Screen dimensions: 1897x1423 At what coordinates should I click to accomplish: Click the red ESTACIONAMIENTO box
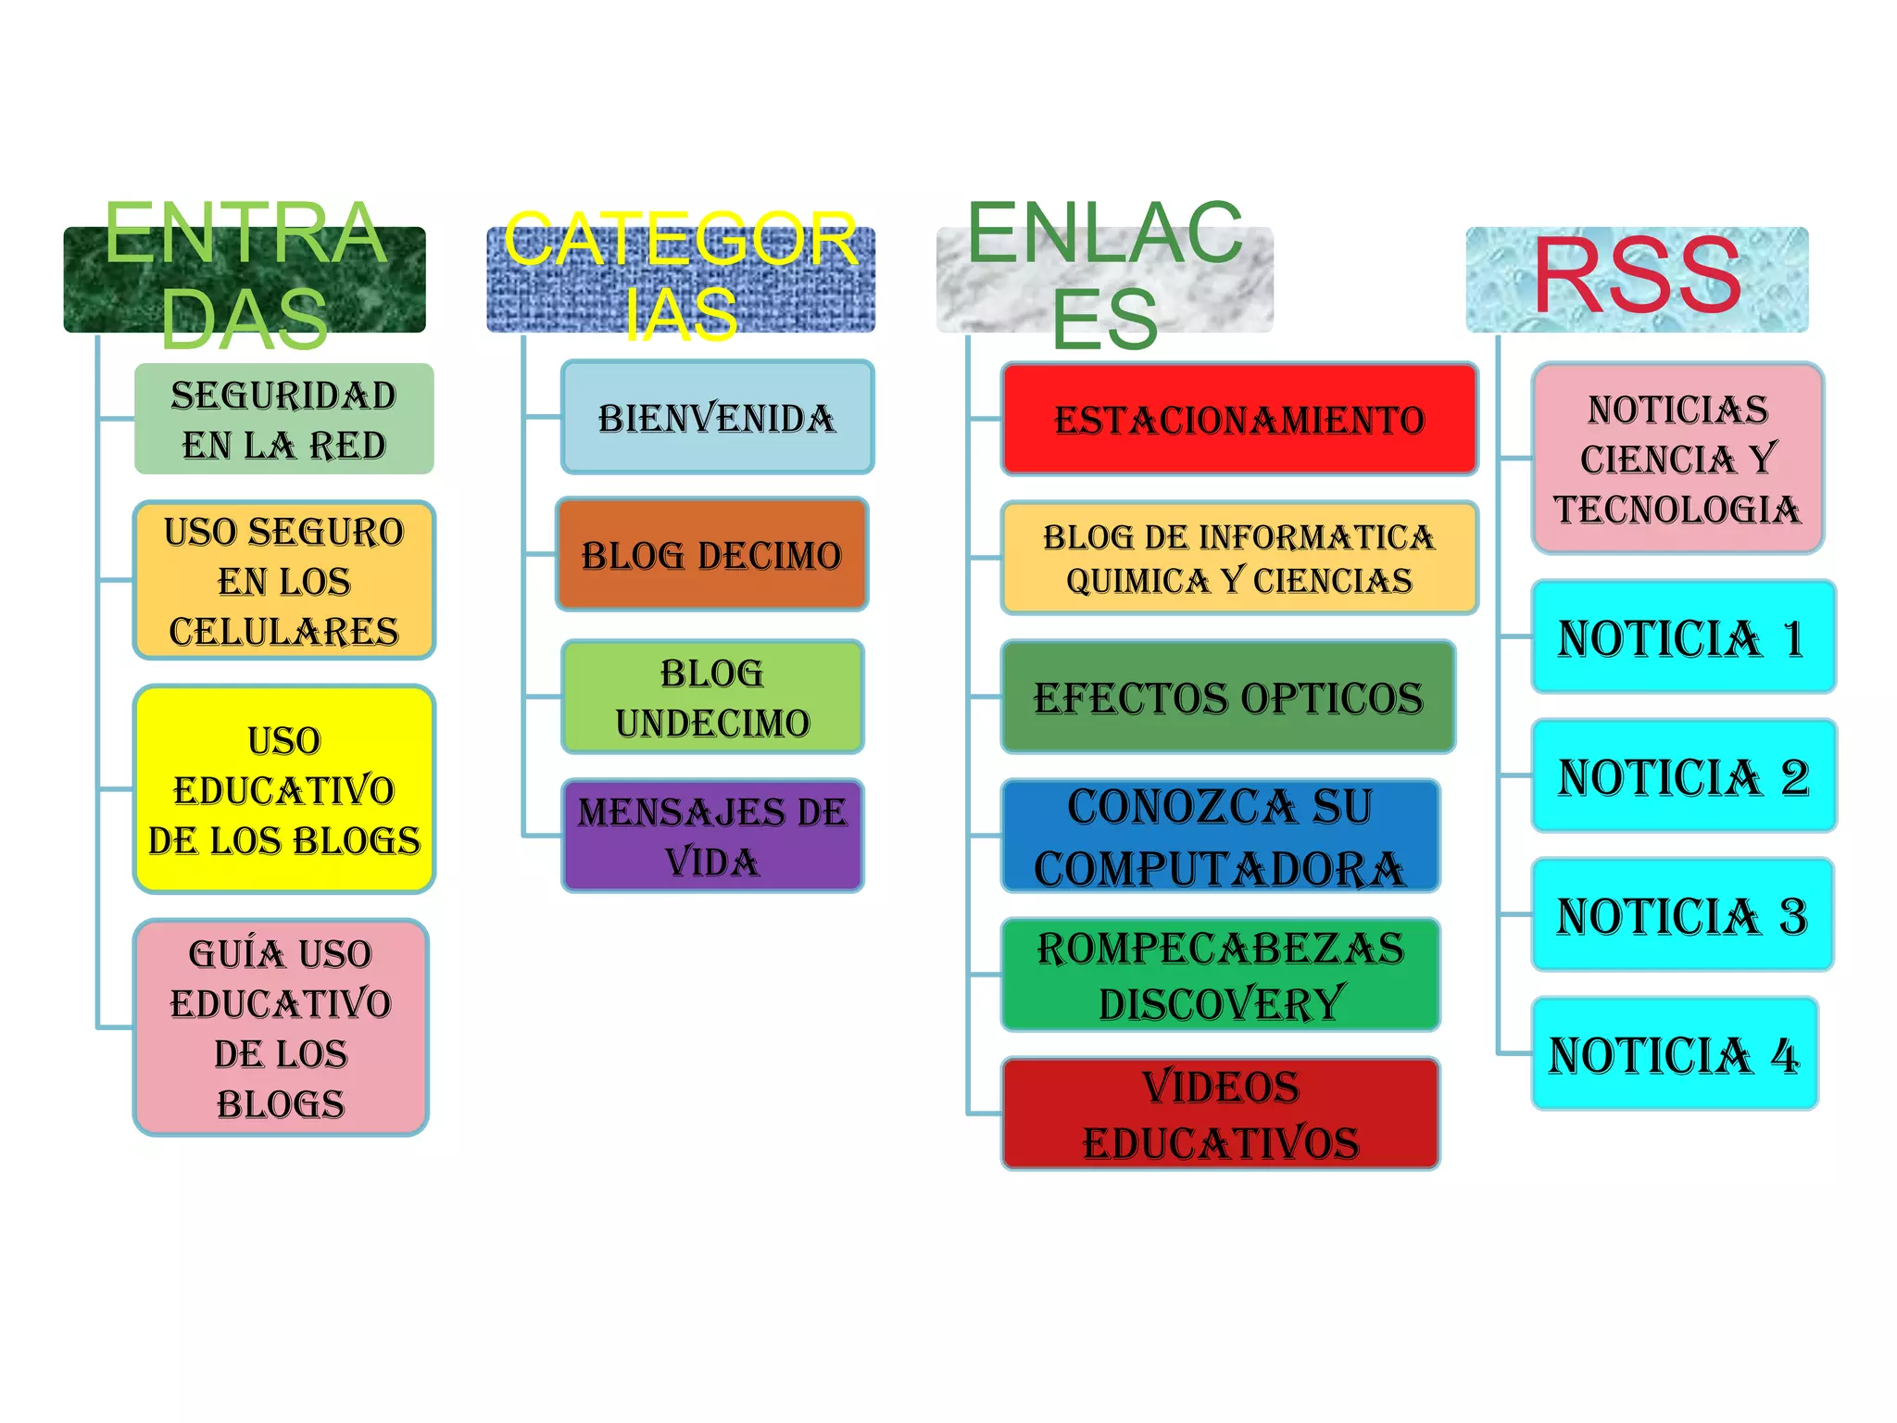point(1238,419)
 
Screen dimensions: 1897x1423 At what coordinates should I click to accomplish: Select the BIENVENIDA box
point(717,417)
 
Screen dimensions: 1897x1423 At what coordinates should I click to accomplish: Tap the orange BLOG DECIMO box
point(711,554)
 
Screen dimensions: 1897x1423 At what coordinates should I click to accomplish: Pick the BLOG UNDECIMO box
point(712,697)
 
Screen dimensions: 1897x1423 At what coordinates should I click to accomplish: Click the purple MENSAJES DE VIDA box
point(712,836)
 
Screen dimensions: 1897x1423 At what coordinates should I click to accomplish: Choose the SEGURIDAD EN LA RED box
point(283,419)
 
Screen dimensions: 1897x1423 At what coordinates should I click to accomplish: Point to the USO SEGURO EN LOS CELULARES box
point(283,581)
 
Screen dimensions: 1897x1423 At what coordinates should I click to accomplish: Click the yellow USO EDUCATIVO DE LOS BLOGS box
point(283,789)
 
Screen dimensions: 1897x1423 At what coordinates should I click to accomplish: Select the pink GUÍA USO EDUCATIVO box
point(281,1027)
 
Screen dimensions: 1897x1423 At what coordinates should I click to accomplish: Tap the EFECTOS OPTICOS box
point(1227,697)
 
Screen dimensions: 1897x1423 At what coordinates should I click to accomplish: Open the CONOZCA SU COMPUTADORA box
point(1220,836)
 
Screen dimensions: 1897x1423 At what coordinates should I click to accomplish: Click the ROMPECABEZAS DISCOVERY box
point(1220,975)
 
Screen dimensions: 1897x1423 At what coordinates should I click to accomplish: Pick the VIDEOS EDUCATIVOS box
point(1220,1114)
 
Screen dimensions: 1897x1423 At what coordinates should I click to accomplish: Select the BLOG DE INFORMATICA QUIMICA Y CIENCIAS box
point(1238,558)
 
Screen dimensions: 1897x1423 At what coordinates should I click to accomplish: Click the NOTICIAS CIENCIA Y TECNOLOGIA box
point(1677,459)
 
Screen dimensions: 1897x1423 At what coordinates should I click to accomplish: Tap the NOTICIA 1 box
point(1683,637)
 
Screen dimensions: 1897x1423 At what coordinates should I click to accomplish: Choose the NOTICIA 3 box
point(1682,915)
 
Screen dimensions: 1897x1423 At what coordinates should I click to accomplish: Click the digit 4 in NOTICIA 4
point(1785,1055)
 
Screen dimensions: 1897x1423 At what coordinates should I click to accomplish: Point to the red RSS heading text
point(1638,275)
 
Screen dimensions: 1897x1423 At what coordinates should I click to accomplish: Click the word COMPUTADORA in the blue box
point(1219,868)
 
